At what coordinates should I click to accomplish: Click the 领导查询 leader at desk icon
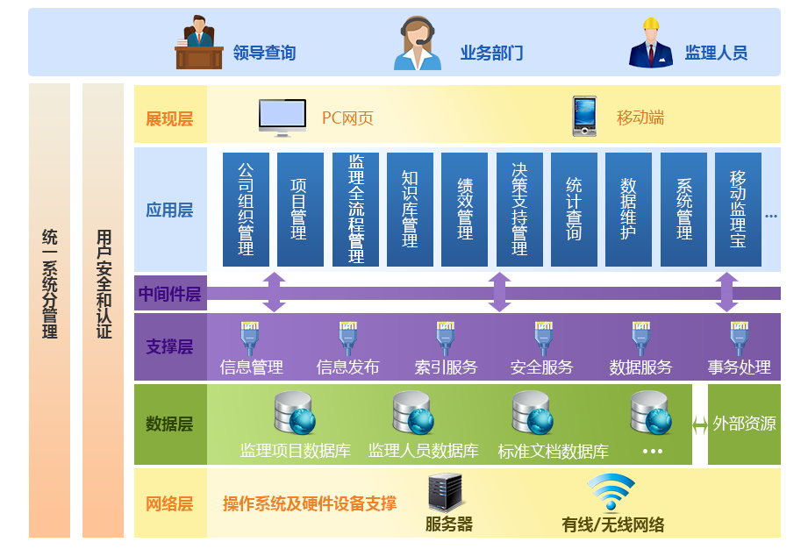coord(199,43)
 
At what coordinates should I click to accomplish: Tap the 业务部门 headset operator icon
coord(418,44)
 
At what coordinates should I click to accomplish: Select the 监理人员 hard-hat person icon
coord(650,43)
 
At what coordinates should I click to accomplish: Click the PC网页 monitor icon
coord(282,117)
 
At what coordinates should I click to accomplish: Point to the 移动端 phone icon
coord(584,116)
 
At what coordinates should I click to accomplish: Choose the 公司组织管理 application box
coord(246,210)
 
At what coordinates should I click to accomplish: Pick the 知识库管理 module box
coord(410,210)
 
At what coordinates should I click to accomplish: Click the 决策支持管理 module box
coord(519,210)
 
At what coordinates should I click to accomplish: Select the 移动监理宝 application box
coord(738,210)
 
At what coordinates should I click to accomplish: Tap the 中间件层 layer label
coord(170,294)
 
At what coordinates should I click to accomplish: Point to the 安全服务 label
coord(541,367)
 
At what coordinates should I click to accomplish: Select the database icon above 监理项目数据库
coord(294,413)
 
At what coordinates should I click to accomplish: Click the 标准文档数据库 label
coord(553,452)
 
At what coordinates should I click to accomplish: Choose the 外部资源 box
coord(744,424)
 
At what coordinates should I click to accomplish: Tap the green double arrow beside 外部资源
coord(699,425)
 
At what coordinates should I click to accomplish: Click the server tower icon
coord(445,493)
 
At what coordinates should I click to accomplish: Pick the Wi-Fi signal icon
coord(611,492)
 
